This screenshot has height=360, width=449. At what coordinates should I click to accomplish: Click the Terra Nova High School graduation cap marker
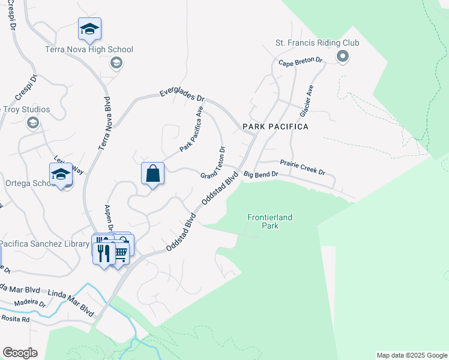(89, 28)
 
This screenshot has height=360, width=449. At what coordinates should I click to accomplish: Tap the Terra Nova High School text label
(89, 49)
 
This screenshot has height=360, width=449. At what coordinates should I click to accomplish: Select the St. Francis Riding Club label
(317, 43)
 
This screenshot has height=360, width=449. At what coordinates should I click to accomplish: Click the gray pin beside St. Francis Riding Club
(343, 58)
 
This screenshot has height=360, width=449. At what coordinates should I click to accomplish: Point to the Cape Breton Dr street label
(300, 62)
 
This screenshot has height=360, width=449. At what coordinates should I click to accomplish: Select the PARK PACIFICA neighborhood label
(276, 127)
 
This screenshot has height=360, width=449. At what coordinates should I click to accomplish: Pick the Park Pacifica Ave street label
(193, 129)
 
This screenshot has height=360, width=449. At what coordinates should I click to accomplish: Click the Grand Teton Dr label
(213, 163)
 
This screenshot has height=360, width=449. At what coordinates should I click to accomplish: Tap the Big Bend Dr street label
(261, 174)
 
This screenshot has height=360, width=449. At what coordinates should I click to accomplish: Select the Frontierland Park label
(270, 221)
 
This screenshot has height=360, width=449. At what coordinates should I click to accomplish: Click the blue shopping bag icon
(153, 173)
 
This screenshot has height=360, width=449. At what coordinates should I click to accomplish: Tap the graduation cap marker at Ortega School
(61, 174)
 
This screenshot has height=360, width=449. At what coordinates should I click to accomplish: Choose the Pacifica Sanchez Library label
(45, 244)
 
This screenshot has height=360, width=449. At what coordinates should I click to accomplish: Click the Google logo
(20, 353)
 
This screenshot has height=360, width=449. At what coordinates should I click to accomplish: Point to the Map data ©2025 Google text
(411, 355)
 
